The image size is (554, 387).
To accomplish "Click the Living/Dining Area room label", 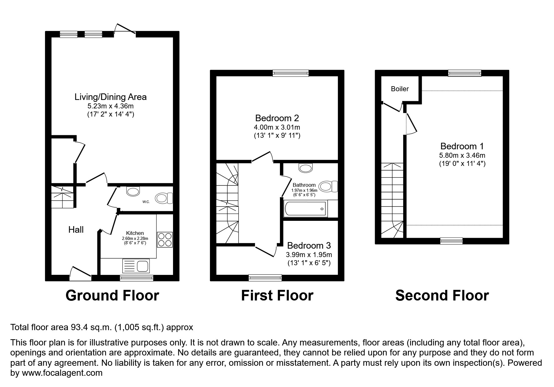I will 110,97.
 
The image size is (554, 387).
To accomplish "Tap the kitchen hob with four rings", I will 165,240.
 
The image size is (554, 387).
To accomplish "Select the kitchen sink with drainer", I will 136,266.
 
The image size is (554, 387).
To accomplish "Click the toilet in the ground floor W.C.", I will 164,198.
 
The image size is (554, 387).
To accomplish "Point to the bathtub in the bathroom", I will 305,209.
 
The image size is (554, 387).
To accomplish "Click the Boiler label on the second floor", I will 400,89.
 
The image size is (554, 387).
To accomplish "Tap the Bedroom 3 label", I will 309,246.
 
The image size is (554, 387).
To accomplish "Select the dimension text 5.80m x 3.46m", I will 462,155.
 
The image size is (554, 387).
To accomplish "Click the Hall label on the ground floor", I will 76,230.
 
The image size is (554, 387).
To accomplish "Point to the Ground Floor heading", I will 112,295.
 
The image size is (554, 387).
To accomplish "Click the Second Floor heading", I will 442,295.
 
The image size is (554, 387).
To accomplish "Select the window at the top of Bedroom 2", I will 291,73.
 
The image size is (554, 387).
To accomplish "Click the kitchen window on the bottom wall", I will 136,278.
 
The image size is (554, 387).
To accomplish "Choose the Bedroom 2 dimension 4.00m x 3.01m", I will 277,127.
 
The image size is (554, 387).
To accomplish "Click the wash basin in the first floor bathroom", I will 306,168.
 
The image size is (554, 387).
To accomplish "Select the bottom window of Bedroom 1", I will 451,241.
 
